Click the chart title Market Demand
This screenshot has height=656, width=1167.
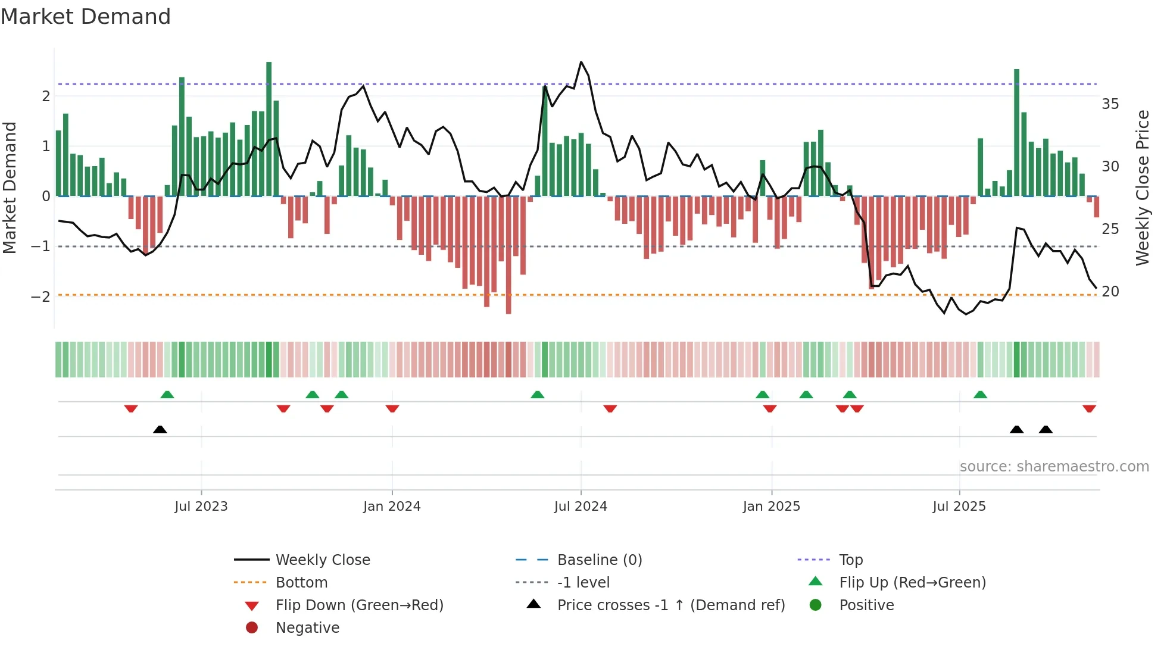tap(86, 17)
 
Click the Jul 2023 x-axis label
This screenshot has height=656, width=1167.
tap(201, 507)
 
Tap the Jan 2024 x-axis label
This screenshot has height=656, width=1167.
tap(392, 507)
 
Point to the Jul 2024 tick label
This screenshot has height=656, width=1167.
tap(581, 507)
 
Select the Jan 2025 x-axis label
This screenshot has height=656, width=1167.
tap(771, 507)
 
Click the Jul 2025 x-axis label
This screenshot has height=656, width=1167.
tap(959, 507)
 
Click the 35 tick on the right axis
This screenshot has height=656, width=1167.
tap(1110, 104)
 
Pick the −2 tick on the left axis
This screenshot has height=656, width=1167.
tap(40, 296)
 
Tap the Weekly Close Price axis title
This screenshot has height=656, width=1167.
tap(1142, 188)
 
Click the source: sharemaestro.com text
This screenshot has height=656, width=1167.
tap(1054, 467)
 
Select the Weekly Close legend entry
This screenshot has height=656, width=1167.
tap(322, 560)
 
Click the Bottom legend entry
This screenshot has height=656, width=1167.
tap(301, 583)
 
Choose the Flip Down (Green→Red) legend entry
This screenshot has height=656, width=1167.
tap(359, 605)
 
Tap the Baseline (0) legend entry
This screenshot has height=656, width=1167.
tap(599, 560)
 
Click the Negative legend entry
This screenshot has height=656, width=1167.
tap(307, 628)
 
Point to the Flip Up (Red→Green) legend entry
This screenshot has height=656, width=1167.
tap(912, 583)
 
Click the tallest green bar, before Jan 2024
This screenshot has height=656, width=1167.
tap(269, 129)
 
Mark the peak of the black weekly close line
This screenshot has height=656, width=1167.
tap(581, 62)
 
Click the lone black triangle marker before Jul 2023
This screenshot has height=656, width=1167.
tap(160, 429)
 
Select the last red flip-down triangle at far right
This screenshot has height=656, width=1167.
tap(1089, 408)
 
